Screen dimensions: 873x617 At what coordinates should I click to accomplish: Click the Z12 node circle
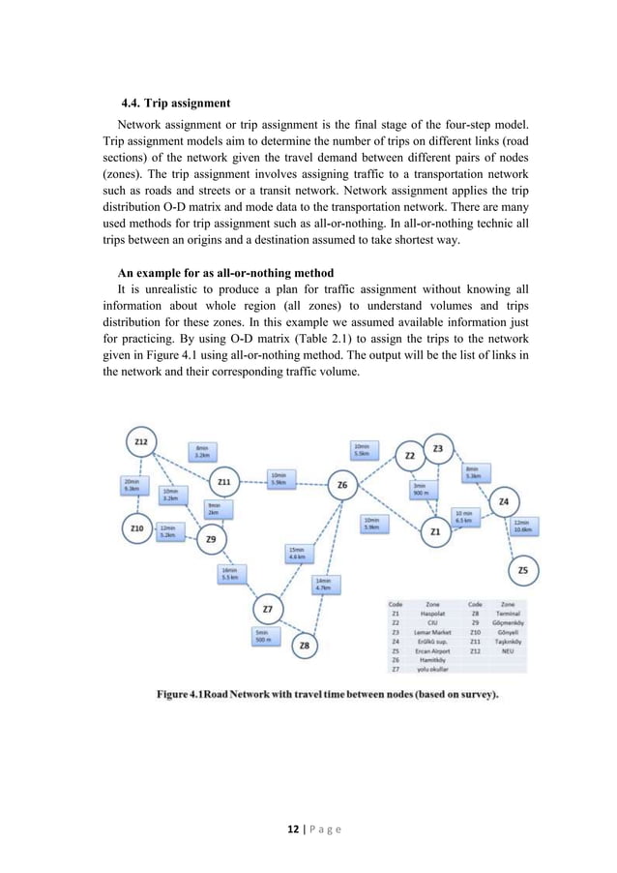click(141, 442)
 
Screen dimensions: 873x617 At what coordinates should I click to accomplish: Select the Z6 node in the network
click(341, 485)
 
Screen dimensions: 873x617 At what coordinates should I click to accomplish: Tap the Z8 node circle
click(305, 645)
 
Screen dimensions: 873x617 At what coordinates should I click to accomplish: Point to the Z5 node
click(522, 571)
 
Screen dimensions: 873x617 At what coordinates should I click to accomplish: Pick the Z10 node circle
click(137, 528)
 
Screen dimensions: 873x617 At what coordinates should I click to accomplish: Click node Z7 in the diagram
click(268, 609)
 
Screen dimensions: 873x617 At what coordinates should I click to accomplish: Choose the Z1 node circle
click(435, 531)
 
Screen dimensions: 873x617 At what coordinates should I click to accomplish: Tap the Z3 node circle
click(438, 449)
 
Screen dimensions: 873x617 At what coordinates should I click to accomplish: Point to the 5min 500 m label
click(261, 636)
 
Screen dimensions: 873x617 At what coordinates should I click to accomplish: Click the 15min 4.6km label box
click(298, 554)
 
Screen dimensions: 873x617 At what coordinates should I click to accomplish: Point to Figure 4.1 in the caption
click(191, 694)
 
